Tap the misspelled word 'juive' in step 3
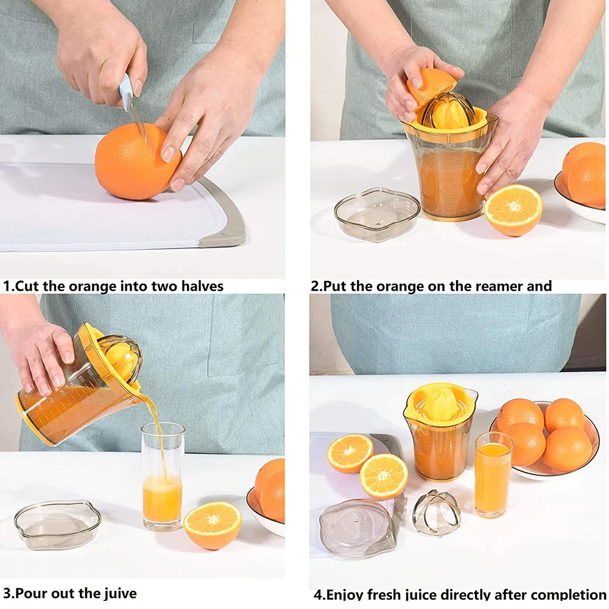point(116,593)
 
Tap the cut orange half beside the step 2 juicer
point(513,209)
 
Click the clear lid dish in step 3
point(58,523)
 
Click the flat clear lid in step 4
point(357,527)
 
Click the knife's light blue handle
point(126,91)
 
